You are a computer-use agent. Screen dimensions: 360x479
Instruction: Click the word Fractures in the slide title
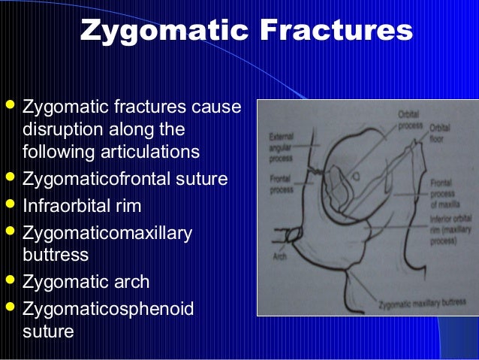336,31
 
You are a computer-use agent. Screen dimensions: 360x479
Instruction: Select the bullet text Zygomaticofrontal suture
125,180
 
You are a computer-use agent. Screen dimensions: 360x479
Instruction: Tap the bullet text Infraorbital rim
83,206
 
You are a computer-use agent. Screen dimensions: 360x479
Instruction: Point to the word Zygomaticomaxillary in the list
107,232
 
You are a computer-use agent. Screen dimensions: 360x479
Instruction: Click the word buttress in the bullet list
56,255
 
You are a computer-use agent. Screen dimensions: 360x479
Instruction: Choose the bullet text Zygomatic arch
86,283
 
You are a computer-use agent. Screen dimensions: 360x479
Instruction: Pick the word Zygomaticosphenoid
108,308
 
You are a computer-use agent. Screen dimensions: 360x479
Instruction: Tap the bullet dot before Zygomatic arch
11,282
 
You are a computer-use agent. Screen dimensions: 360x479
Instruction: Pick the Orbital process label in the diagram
410,119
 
